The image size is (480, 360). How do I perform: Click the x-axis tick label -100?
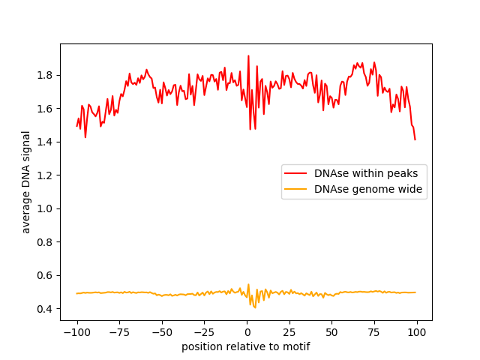(76, 332)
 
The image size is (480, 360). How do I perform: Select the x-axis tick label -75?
(119, 332)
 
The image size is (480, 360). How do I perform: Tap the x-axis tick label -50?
(162, 332)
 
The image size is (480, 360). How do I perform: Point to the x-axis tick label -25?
(204, 332)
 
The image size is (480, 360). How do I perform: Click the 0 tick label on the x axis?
(247, 332)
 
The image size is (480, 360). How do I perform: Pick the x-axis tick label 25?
(289, 332)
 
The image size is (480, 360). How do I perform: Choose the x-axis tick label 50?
(332, 332)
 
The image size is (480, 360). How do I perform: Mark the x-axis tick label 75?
(375, 332)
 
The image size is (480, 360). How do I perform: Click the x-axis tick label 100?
(417, 332)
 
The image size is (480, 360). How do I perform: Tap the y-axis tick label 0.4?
(46, 309)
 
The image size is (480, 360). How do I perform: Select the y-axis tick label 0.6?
(46, 275)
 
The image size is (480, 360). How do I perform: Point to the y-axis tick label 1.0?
(46, 208)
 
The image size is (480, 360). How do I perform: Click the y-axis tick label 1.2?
(46, 175)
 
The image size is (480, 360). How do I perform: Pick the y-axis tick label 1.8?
(46, 75)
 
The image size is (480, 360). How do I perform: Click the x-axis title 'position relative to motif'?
(246, 346)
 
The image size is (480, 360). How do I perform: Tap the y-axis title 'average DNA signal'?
(26, 182)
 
